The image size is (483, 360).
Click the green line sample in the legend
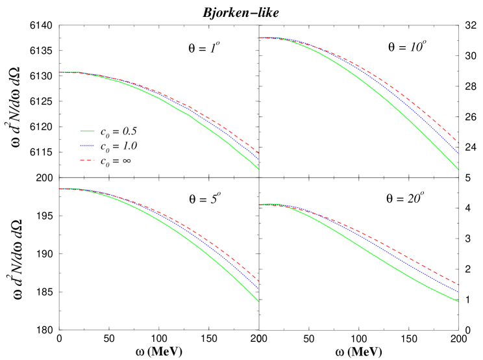click(x=87, y=131)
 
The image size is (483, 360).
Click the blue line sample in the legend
click(x=87, y=146)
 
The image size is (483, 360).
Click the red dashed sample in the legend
click(x=87, y=160)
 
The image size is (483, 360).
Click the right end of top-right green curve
click(x=459, y=170)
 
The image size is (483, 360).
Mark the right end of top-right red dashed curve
click(x=459, y=142)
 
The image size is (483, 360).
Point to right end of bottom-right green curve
click(x=459, y=302)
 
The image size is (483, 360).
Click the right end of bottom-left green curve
click(x=258, y=302)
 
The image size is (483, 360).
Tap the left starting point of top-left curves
click(x=60, y=72)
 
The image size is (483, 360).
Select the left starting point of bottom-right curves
click(x=260, y=205)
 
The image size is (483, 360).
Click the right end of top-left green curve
click(x=258, y=169)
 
